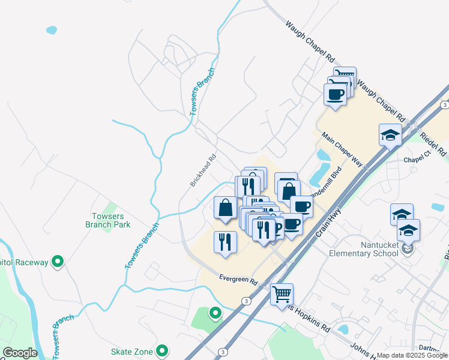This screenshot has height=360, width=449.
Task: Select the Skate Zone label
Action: coord(133,351)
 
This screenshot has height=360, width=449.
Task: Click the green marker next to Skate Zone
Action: coord(161,351)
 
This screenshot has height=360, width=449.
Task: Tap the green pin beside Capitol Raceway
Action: coord(58,262)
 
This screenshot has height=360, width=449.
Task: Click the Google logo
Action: coord(20,353)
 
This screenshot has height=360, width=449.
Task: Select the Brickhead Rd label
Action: coord(203,172)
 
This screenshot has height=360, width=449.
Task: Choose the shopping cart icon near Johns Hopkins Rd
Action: coord(282,294)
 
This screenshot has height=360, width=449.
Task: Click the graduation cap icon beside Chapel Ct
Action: coord(390,134)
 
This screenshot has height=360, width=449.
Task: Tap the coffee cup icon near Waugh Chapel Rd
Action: coord(334,94)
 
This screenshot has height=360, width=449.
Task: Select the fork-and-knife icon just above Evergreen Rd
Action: coord(225,242)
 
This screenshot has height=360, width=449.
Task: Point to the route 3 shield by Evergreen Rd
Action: coord(246,300)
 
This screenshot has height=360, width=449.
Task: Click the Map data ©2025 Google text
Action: coord(411,355)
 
